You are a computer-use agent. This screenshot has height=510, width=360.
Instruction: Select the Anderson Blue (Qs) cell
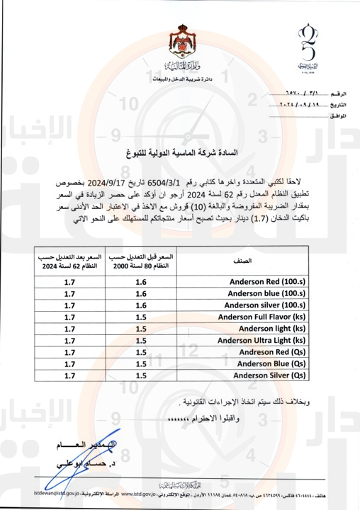[274, 364]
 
